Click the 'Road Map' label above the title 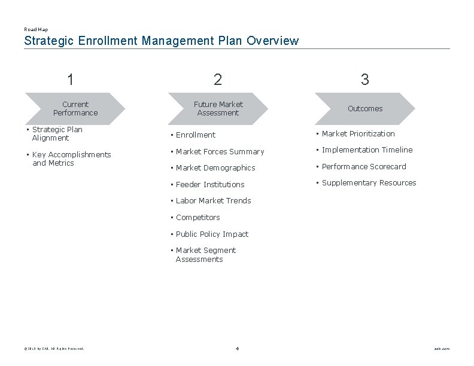pos(36,29)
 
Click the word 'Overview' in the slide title pos(272,41)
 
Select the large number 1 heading pos(71,79)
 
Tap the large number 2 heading pos(217,79)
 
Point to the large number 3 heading pos(364,79)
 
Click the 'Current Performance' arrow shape pos(75,108)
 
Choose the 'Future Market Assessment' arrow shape pos(218,108)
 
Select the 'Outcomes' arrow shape pos(364,108)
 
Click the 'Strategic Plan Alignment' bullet pos(57,133)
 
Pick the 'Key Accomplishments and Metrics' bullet pos(71,158)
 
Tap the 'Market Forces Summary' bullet pos(219,151)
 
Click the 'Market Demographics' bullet pos(215,168)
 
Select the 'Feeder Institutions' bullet pos(209,184)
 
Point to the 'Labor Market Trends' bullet pos(213,201)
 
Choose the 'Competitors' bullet pos(197,217)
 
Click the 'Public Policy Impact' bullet pos(211,234)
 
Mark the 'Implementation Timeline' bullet pos(367,150)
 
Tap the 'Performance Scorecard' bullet pos(363,166)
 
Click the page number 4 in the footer pos(237,349)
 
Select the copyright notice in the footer pos(54,349)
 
